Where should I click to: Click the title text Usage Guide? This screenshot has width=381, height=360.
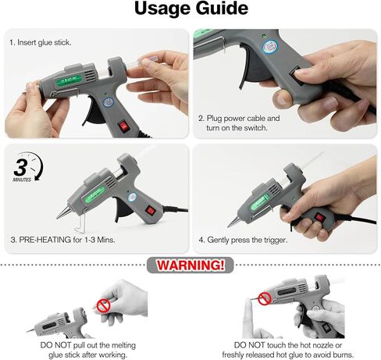(190, 10)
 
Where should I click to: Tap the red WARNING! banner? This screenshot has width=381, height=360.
(190, 266)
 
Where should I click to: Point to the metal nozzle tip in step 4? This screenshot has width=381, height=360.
(232, 223)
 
